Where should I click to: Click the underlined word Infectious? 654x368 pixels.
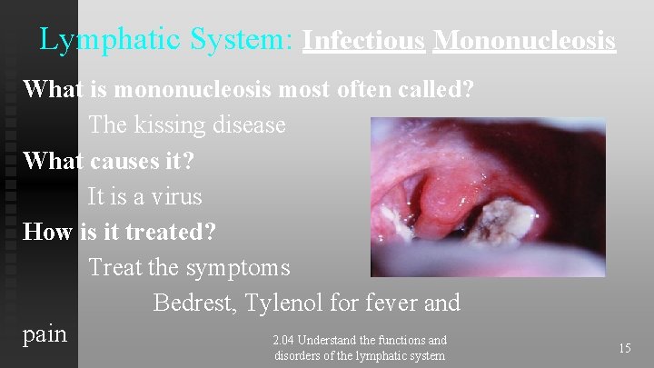[x=363, y=41]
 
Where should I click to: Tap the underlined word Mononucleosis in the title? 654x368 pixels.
[x=524, y=41]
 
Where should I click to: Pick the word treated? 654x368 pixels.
[x=166, y=232]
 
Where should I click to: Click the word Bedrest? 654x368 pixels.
[x=193, y=302]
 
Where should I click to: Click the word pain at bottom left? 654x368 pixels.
[x=45, y=334]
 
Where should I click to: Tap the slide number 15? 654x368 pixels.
[x=625, y=348]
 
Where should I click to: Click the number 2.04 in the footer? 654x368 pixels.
[x=284, y=341]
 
